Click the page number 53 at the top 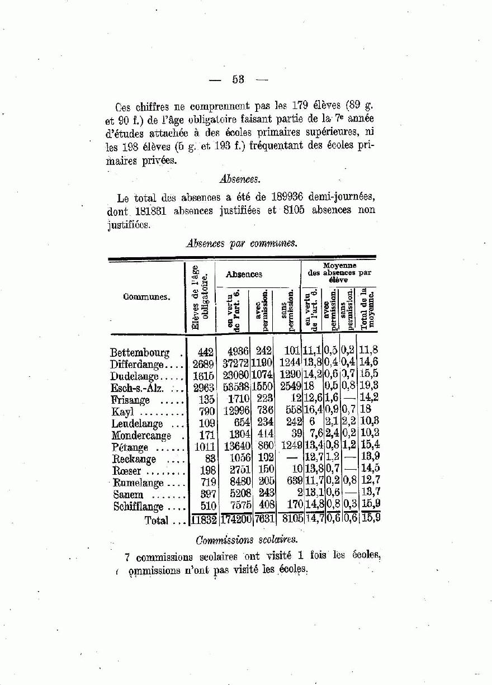(239, 80)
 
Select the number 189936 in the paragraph (292, 198)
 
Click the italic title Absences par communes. (242, 243)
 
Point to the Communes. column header (146, 297)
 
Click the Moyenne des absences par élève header (339, 273)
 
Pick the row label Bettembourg (140, 353)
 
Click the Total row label (156, 521)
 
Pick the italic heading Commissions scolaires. (247, 540)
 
